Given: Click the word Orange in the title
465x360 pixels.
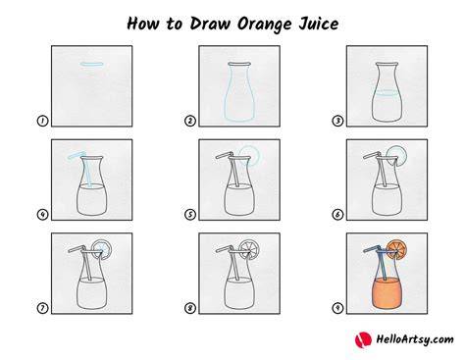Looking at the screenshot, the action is [264, 25].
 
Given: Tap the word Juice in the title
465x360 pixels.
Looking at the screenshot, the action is [319, 24].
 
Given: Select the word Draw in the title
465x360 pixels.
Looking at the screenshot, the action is [210, 24].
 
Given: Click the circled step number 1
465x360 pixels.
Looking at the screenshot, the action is [42, 121].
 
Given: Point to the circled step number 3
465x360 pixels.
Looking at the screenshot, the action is [337, 121].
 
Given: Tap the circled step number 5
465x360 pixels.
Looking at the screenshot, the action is [190, 215].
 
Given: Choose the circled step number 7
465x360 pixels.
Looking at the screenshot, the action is [42, 308].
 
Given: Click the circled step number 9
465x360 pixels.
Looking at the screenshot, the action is [337, 308].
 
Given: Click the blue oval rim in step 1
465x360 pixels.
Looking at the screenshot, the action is [92, 64].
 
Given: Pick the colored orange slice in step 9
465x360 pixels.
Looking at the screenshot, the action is [397, 250].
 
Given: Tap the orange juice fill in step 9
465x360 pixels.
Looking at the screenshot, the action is [387, 293].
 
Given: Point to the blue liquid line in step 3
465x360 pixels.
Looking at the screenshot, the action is [387, 92].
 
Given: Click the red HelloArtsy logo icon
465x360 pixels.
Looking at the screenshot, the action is [363, 339].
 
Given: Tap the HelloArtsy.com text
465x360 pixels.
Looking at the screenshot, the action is [415, 339].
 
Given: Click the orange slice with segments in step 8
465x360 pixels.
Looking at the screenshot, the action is [249, 250].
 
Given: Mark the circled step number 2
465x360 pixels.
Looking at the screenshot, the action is [190, 121].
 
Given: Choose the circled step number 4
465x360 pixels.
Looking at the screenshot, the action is [42, 215].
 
